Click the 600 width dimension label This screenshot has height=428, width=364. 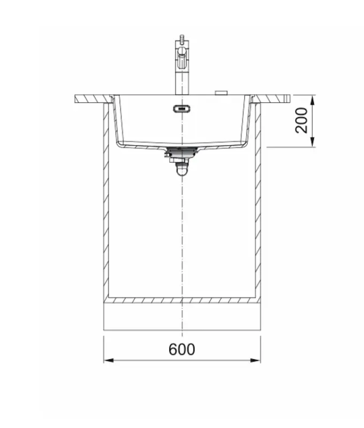(182, 349)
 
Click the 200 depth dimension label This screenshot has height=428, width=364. (302, 120)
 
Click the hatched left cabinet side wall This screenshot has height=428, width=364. (106, 203)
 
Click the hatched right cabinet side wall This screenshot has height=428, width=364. (258, 203)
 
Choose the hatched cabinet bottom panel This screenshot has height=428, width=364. (182, 300)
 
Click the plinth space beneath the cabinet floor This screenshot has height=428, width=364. (182, 316)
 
